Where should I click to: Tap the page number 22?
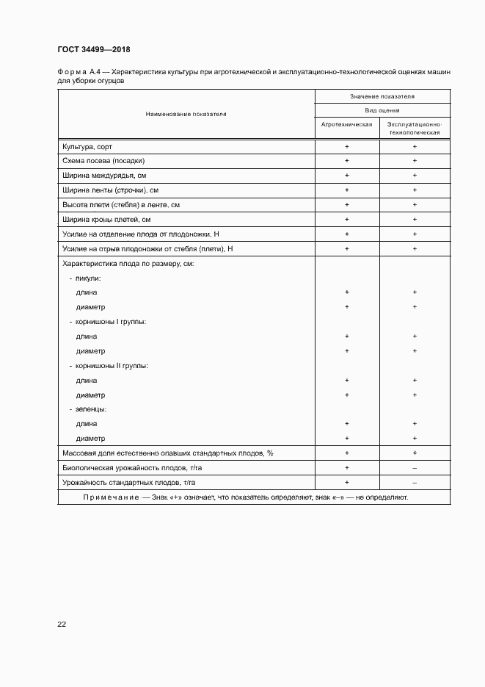tap(62, 624)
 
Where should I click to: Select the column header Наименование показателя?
tap(186, 114)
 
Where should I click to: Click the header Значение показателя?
tap(382, 96)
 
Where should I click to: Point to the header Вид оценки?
tap(382, 109)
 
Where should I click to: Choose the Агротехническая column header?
tap(346, 124)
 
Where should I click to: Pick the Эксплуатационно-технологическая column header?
tap(415, 129)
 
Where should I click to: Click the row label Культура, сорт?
tap(87, 147)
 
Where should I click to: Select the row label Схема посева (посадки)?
tap(103, 161)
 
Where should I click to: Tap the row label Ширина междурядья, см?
tap(104, 176)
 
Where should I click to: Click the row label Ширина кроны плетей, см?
tap(106, 219)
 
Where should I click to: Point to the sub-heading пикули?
tap(87, 278)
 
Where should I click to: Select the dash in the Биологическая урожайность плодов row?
tap(415, 468)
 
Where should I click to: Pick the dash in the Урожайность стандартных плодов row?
tap(415, 483)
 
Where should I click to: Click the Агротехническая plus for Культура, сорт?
tap(346, 147)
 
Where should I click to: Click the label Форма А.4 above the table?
tap(78, 73)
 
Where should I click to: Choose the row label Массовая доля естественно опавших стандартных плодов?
tap(167, 453)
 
